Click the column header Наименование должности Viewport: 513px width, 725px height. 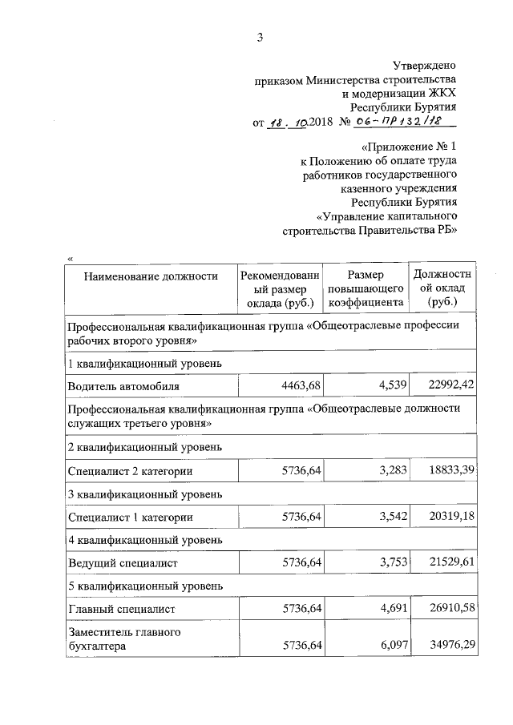point(151,276)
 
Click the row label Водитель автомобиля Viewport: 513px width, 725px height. point(123,385)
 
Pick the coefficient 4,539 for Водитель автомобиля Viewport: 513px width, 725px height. point(388,385)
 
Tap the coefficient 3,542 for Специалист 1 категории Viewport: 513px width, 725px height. point(388,518)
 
